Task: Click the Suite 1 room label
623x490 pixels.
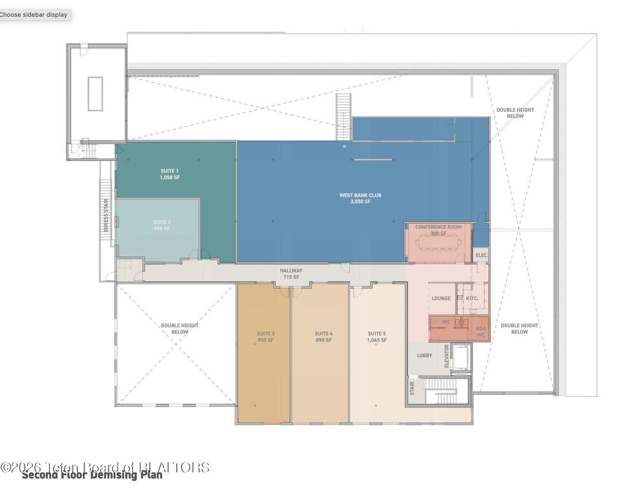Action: click(x=169, y=174)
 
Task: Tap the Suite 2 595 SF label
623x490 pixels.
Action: click(x=161, y=225)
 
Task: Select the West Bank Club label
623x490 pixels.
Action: click(x=360, y=198)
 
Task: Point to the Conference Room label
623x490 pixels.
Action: click(x=438, y=230)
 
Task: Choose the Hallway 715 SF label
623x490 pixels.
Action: click(x=291, y=274)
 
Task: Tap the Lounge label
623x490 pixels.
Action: click(x=441, y=299)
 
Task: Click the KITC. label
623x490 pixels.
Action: click(x=472, y=299)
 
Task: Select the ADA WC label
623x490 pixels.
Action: click(x=481, y=331)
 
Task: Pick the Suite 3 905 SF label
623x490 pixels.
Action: click(x=266, y=337)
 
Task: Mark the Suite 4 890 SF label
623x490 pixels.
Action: click(x=324, y=337)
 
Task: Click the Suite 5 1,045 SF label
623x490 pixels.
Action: click(x=377, y=337)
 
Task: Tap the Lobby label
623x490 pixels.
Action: click(x=424, y=355)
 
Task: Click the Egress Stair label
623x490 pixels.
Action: click(x=107, y=216)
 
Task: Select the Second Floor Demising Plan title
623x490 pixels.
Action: click(x=92, y=475)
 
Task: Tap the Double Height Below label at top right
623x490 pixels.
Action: click(x=514, y=113)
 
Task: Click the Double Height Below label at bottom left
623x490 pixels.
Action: click(x=179, y=329)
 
